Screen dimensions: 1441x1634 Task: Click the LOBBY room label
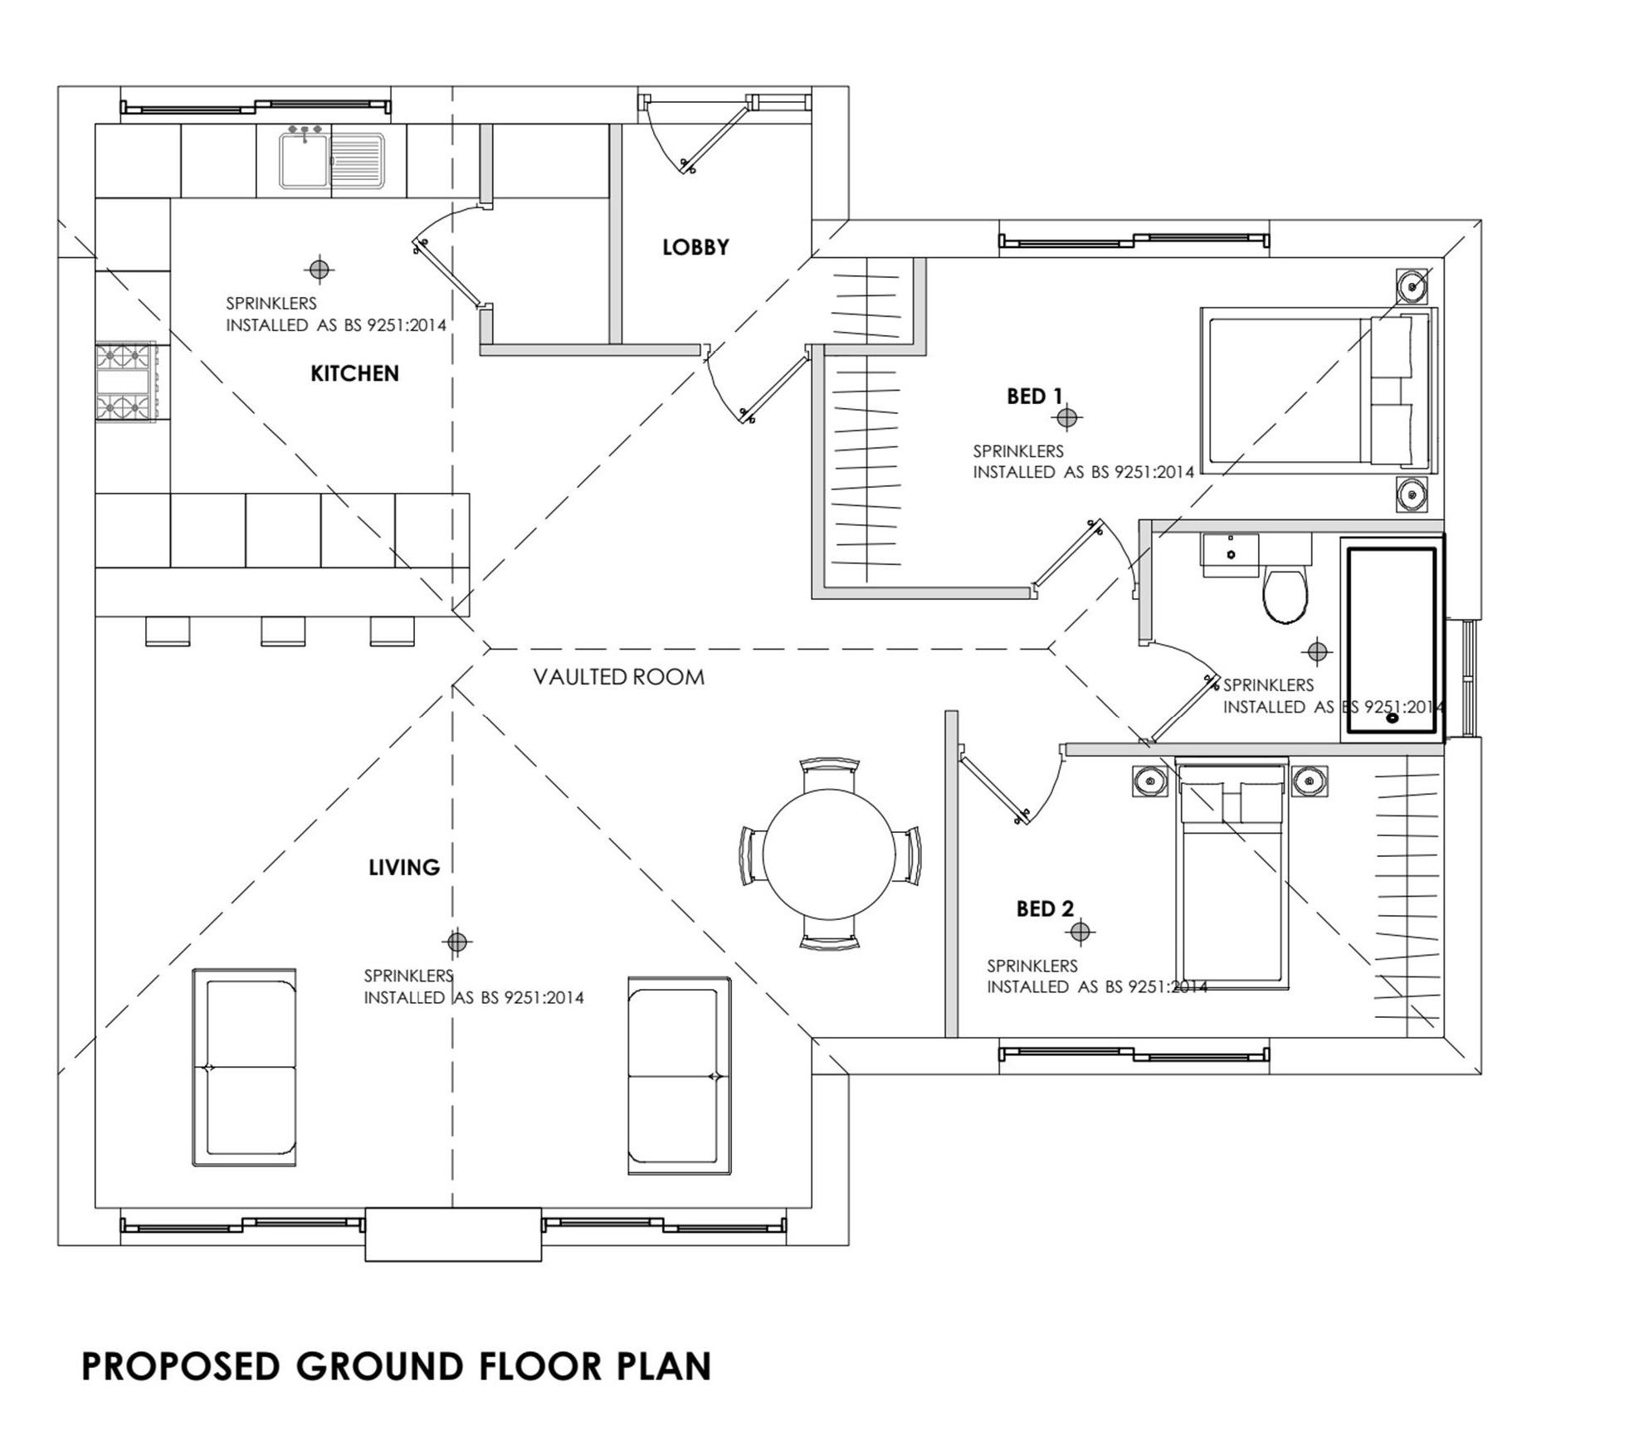coord(695,247)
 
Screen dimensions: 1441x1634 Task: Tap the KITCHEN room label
coord(354,374)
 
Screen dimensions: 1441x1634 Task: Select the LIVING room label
coord(404,868)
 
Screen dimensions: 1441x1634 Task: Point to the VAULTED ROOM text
coord(619,678)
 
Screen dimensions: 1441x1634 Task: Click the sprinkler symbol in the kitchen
coord(319,270)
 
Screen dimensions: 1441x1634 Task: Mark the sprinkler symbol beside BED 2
coord(1080,932)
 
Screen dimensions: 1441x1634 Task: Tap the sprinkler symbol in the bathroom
coord(1317,652)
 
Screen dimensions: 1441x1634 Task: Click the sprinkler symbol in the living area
coord(456,942)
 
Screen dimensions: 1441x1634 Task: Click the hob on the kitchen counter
coord(125,382)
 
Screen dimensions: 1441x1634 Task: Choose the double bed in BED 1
coord(1317,391)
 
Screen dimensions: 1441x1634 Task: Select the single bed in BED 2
coord(1232,875)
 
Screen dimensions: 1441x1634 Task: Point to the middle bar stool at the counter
coord(283,631)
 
